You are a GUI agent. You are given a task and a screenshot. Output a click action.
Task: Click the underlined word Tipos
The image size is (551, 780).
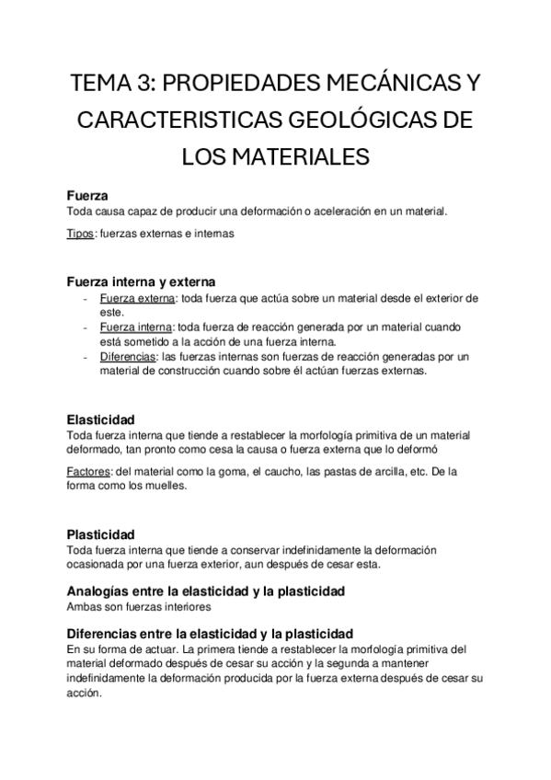click(81, 234)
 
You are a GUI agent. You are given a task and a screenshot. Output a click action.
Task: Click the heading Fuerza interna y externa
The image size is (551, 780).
click(141, 281)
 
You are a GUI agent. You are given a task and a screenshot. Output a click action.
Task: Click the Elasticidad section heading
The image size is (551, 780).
click(101, 419)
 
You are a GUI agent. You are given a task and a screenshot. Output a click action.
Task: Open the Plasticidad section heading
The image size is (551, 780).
click(100, 534)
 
